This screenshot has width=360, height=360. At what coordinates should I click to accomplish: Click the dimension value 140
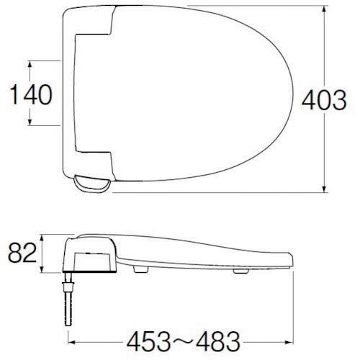[x=31, y=94]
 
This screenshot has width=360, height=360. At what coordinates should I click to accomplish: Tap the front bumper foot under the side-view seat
[x=239, y=274]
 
